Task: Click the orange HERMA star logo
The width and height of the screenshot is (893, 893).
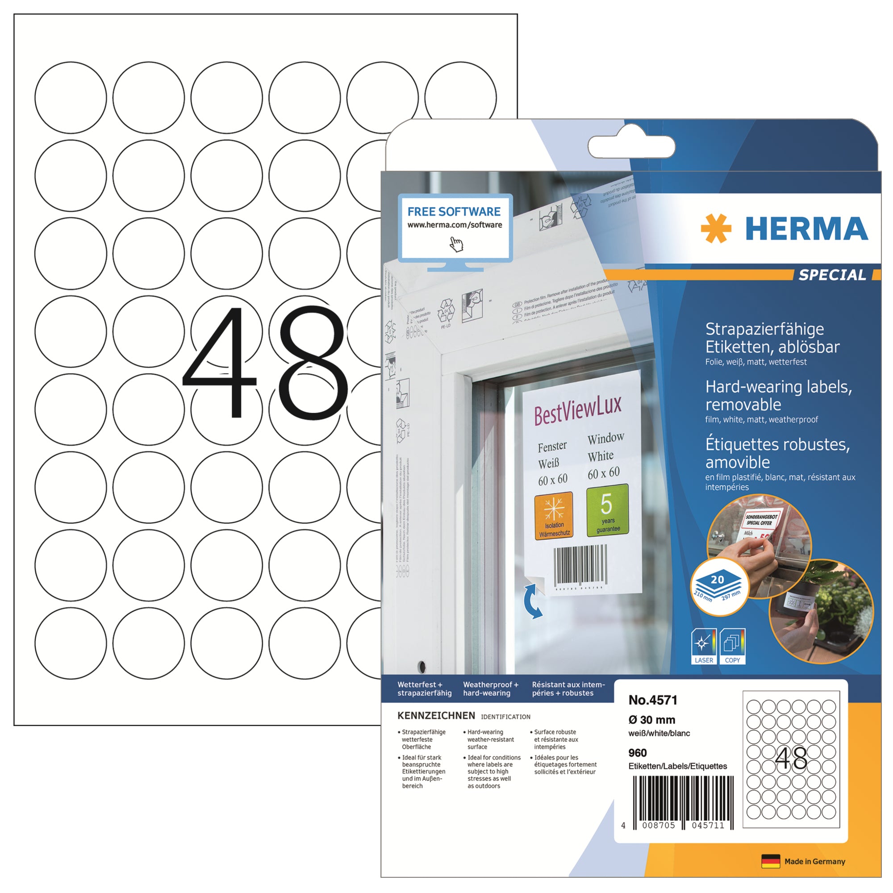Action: (x=715, y=228)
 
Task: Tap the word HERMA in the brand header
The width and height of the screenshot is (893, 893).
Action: (x=806, y=229)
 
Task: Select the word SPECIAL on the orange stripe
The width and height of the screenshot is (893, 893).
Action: (x=832, y=275)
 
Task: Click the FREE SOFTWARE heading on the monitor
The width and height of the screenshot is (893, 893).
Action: (x=454, y=212)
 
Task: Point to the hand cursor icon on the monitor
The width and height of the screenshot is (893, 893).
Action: (x=456, y=244)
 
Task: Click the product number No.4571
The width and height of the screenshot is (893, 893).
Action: (x=653, y=700)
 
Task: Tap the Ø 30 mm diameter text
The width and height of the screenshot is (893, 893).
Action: (x=652, y=720)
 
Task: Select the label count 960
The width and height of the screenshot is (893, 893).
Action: (x=638, y=753)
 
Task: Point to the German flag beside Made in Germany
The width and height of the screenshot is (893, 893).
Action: (x=771, y=861)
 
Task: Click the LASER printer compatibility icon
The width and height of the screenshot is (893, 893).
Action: (x=704, y=646)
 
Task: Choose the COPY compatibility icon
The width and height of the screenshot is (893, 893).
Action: (x=733, y=646)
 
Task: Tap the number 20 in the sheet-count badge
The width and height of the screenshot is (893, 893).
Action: (x=718, y=580)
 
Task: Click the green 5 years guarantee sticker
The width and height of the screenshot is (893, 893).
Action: (x=607, y=510)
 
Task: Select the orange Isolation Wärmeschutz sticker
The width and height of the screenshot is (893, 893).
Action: (x=554, y=516)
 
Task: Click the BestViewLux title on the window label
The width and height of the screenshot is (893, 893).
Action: (x=578, y=409)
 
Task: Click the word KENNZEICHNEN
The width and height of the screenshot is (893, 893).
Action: (x=436, y=715)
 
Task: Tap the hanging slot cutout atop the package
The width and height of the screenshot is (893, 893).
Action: (x=631, y=147)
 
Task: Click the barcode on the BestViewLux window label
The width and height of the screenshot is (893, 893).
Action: (x=580, y=565)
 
